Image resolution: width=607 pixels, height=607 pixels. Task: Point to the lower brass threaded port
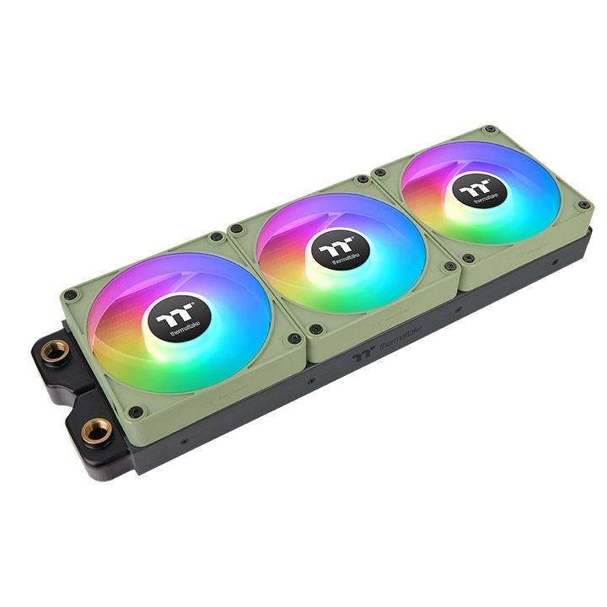pyautogui.click(x=96, y=432)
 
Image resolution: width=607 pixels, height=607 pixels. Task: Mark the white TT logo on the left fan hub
pyautogui.click(x=172, y=312)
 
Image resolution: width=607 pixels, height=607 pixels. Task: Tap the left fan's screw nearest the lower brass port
pyautogui.click(x=135, y=411)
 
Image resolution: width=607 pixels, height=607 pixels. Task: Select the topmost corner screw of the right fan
pyautogui.click(x=490, y=131)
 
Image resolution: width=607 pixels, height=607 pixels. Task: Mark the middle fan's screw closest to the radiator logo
pyautogui.click(x=315, y=330)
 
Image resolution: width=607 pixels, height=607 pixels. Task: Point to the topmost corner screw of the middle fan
pyautogui.click(x=362, y=180)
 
